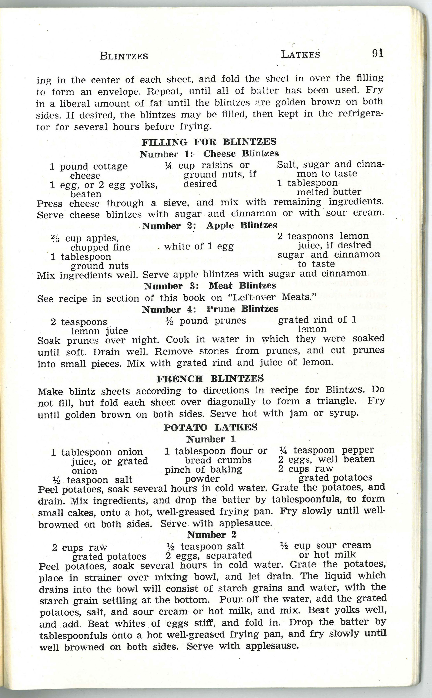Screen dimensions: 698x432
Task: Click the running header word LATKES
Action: tap(300, 54)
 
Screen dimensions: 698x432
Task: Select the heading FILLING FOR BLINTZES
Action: tap(209, 142)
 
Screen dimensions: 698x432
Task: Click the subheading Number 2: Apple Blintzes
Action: tap(209, 225)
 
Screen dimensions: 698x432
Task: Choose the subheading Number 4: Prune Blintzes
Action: tap(210, 309)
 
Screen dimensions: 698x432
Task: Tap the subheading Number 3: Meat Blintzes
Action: tap(210, 286)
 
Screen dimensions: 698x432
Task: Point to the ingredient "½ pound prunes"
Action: tap(206, 321)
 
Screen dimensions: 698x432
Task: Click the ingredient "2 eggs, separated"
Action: tap(209, 555)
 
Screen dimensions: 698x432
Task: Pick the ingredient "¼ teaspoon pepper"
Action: tap(326, 450)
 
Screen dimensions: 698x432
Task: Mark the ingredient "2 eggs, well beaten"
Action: tap(326, 459)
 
